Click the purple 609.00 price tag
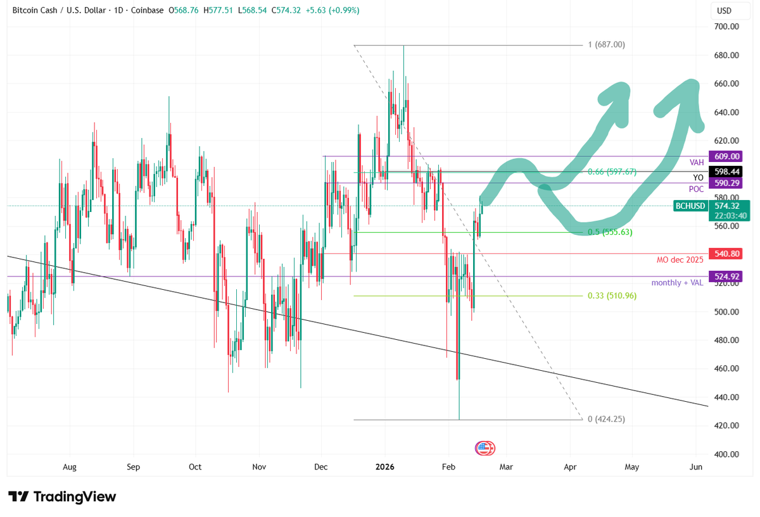pyautogui.click(x=725, y=156)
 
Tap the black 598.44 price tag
pyautogui.click(x=725, y=171)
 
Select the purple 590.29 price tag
pyautogui.click(x=725, y=183)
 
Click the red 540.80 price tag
pyautogui.click(x=725, y=254)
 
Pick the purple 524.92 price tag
pyautogui.click(x=725, y=277)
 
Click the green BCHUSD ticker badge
pyautogui.click(x=690, y=206)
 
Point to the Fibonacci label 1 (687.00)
pyautogui.click(x=606, y=44)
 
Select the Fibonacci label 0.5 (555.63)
pyautogui.click(x=610, y=232)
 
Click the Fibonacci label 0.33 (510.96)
pyautogui.click(x=612, y=296)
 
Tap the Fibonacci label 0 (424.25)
pyautogui.click(x=606, y=419)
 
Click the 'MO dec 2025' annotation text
pyautogui.click(x=680, y=260)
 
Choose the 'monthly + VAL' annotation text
pyautogui.click(x=677, y=283)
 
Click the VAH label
pyautogui.click(x=697, y=163)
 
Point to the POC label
pyautogui.click(x=696, y=189)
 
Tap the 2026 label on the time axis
pyautogui.click(x=385, y=467)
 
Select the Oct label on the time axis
pyautogui.click(x=195, y=467)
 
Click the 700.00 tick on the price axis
pyautogui.click(x=726, y=27)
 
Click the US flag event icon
pyautogui.click(x=485, y=448)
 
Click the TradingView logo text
pyautogui.click(x=75, y=497)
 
